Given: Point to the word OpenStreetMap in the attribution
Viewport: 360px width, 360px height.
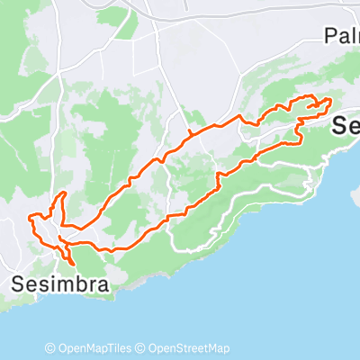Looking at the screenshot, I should [189, 348].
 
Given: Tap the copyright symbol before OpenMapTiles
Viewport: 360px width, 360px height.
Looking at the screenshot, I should [50, 348].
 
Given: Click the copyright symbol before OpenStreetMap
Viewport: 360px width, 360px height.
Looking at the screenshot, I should [142, 348].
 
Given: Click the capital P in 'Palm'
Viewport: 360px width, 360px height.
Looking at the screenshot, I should [330, 35].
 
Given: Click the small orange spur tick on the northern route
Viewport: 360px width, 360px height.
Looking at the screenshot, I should [190, 134].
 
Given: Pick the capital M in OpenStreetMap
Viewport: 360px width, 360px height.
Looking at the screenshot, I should [211, 348].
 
